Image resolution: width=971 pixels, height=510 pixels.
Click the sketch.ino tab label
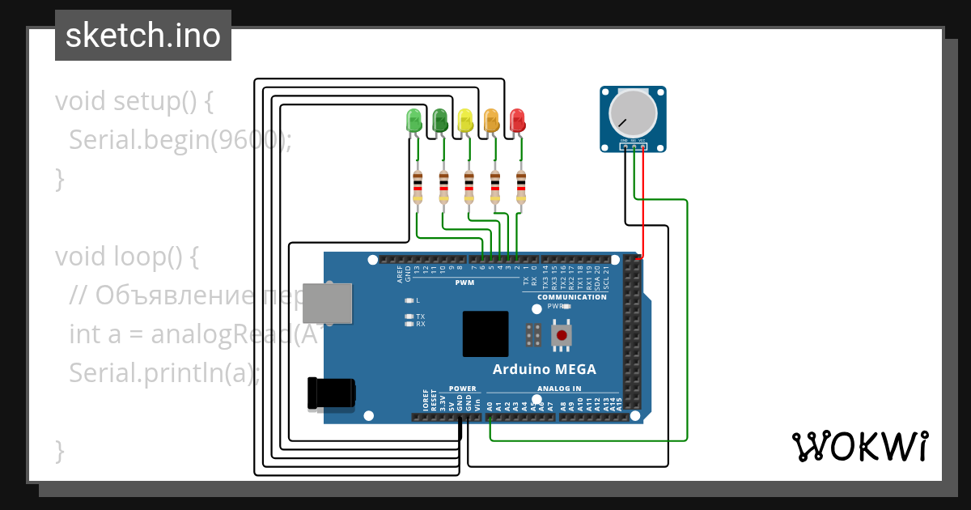coord(142,36)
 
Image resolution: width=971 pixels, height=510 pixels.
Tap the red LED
coord(517,121)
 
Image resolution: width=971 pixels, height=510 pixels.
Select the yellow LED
coord(465,121)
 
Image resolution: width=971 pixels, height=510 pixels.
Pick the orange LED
coord(491,121)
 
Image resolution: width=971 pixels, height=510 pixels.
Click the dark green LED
coord(440,121)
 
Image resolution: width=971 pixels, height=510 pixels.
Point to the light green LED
coord(414,121)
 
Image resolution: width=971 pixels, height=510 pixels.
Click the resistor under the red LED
coord(520,187)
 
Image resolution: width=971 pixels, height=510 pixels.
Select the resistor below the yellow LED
coord(469,187)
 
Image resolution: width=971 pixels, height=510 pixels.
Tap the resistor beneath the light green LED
coord(418,187)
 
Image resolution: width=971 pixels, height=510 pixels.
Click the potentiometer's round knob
coord(634,113)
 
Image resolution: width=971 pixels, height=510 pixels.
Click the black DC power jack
coord(331,393)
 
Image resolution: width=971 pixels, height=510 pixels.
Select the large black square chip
coord(485,334)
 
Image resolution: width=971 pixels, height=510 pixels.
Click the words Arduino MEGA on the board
coord(545,369)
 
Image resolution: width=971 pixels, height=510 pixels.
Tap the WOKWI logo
coord(859,446)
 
